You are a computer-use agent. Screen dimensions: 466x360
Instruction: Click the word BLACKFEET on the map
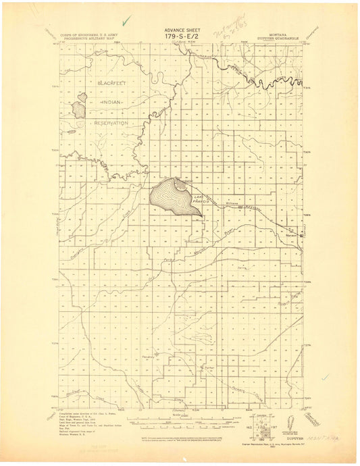pyautogui.click(x=111, y=82)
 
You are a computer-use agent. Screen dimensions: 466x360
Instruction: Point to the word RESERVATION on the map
pyautogui.click(x=111, y=123)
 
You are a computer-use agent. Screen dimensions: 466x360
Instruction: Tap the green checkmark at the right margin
pyautogui.click(x=326, y=376)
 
